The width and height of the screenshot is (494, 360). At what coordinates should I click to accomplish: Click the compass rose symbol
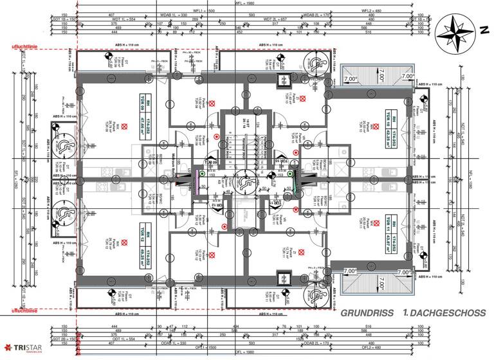[453, 32]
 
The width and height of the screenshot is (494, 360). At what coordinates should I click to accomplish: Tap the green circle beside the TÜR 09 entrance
[202, 173]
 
